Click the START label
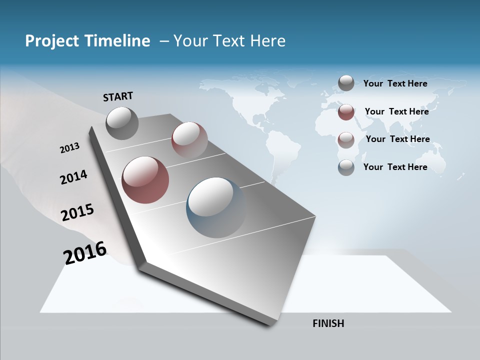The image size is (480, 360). click(118, 96)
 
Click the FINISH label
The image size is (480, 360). click(328, 323)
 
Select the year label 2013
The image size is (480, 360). click(69, 148)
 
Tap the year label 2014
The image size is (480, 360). click(73, 177)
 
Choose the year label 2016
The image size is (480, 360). click(85, 253)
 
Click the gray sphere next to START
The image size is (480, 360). click(122, 123)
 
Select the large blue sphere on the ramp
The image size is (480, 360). click(216, 207)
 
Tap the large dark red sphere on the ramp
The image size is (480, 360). click(145, 180)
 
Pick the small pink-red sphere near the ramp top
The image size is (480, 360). click(189, 140)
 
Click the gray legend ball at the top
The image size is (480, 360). click(346, 83)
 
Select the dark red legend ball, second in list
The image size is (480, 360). click(346, 112)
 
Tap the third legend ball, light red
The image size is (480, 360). click(346, 139)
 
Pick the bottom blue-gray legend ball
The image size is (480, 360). click(346, 167)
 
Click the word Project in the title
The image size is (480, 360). click(51, 41)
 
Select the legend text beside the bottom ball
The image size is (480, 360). click(395, 167)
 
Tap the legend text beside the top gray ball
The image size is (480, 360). click(395, 83)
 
